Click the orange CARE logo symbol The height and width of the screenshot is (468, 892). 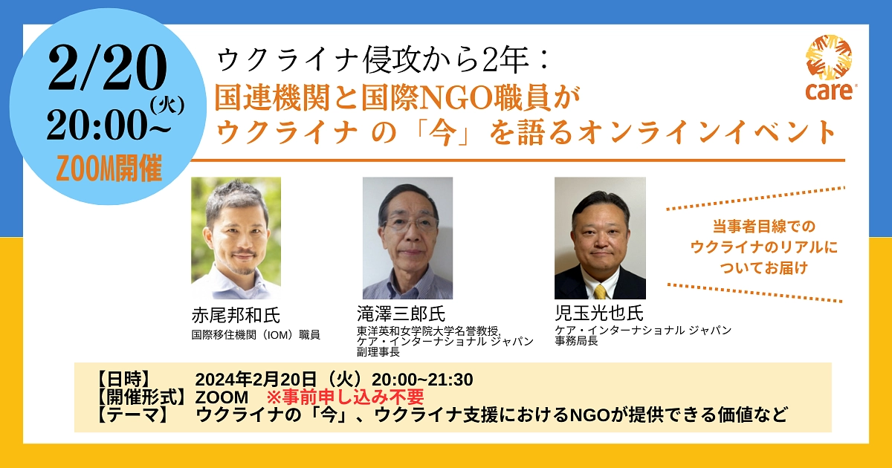pyautogui.click(x=829, y=58)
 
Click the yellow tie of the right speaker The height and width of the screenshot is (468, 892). pyautogui.click(x=599, y=291)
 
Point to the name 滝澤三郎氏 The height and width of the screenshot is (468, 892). pyautogui.click(x=401, y=313)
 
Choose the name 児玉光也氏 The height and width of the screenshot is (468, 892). pyautogui.click(x=593, y=313)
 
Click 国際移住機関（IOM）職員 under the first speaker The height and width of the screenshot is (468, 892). pyautogui.click(x=256, y=335)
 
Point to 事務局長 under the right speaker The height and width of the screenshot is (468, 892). pyautogui.click(x=576, y=342)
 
